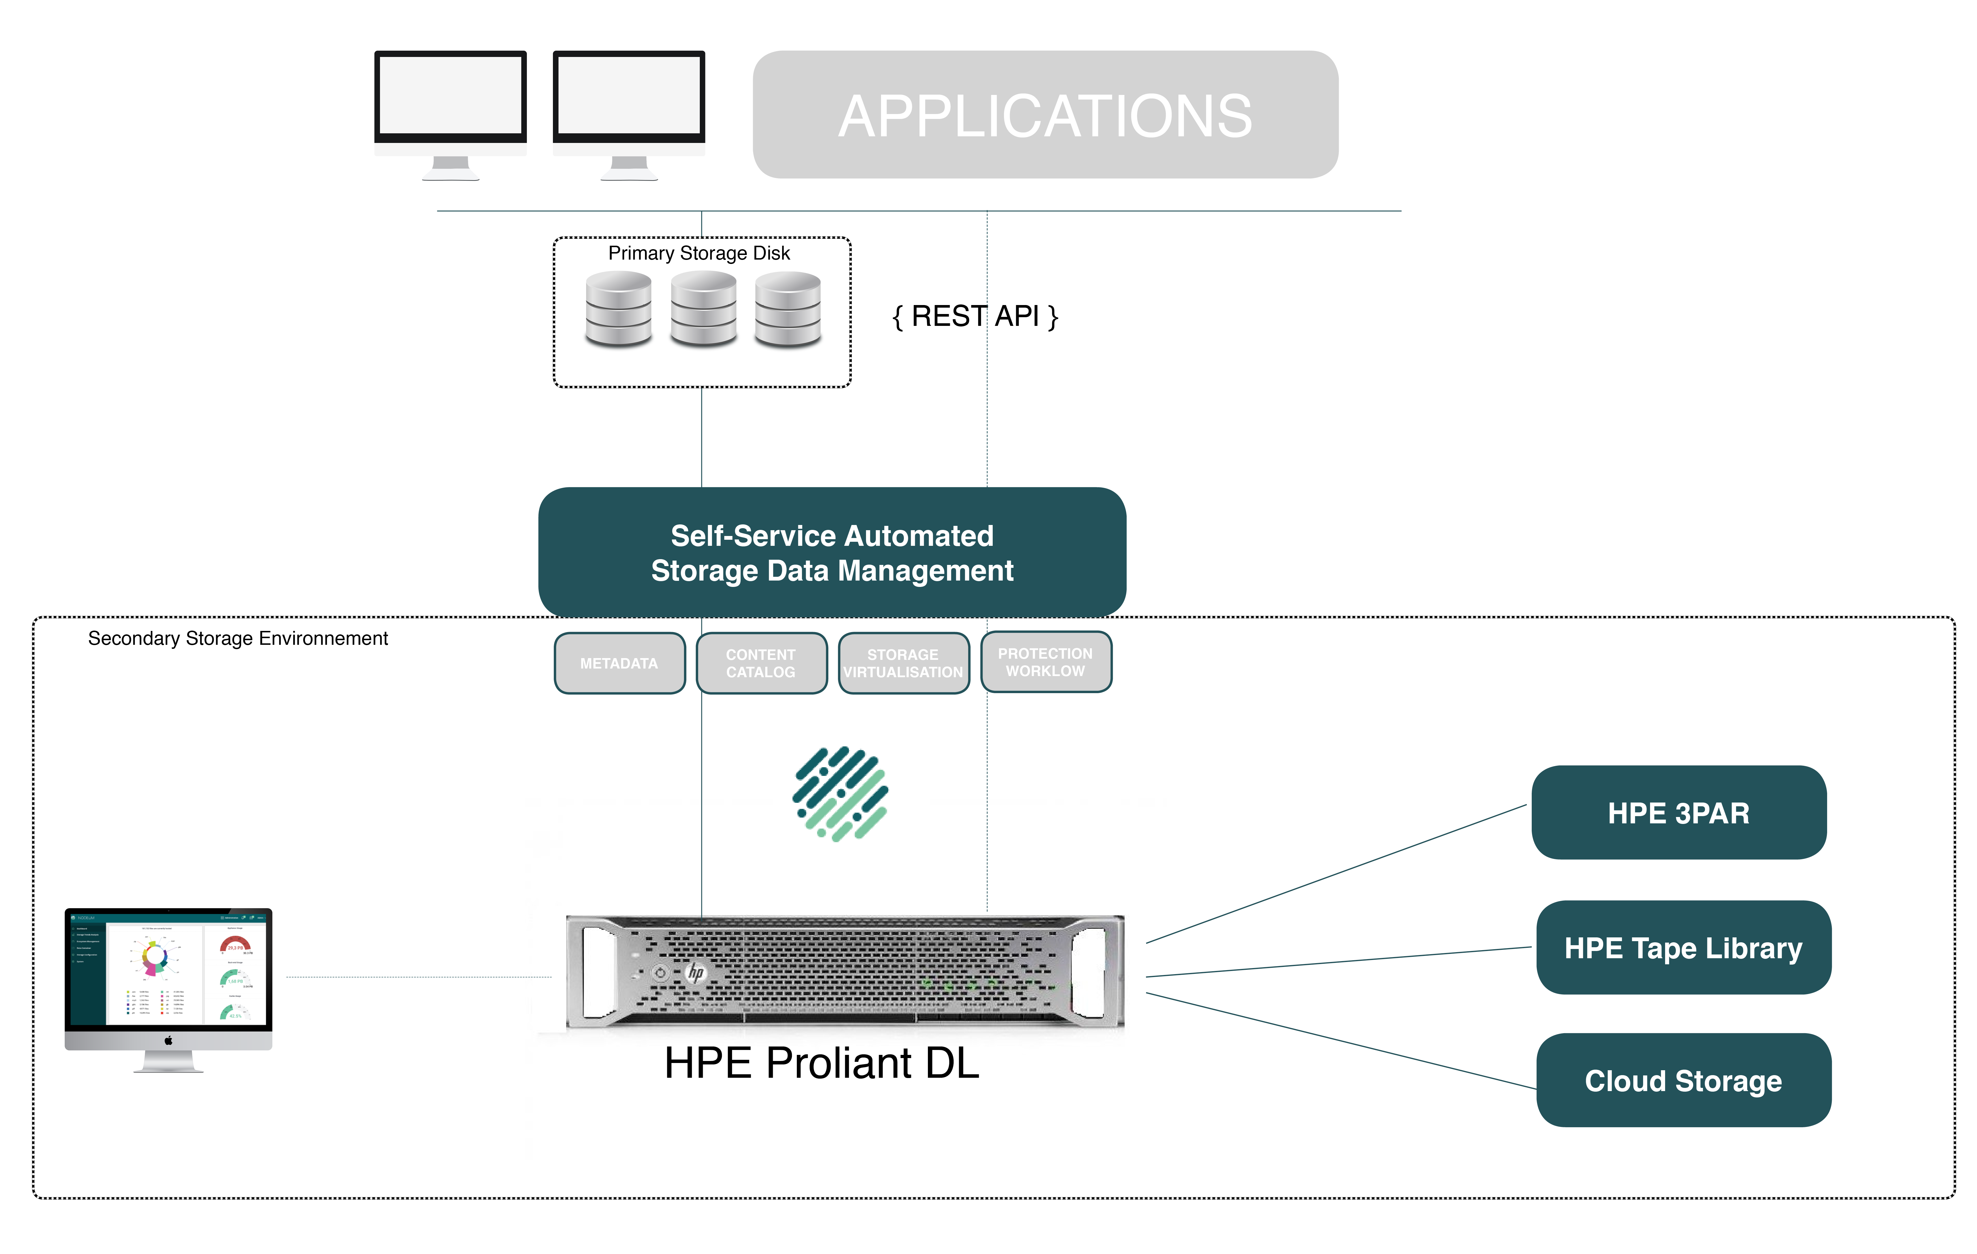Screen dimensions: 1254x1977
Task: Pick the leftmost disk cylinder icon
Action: click(x=618, y=310)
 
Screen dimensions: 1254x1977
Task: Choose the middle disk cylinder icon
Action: click(x=703, y=310)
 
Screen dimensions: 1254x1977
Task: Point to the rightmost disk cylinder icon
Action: click(x=787, y=310)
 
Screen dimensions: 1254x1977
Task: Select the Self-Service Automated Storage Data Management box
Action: click(x=832, y=553)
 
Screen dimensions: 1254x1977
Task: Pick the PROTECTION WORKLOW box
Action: click(x=1045, y=662)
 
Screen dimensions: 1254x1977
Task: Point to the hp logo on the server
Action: click(x=695, y=973)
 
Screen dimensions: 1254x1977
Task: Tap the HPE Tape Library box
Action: click(x=1683, y=948)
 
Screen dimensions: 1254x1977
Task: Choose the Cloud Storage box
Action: click(x=1683, y=1081)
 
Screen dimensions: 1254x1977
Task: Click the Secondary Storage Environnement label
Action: click(x=238, y=639)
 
